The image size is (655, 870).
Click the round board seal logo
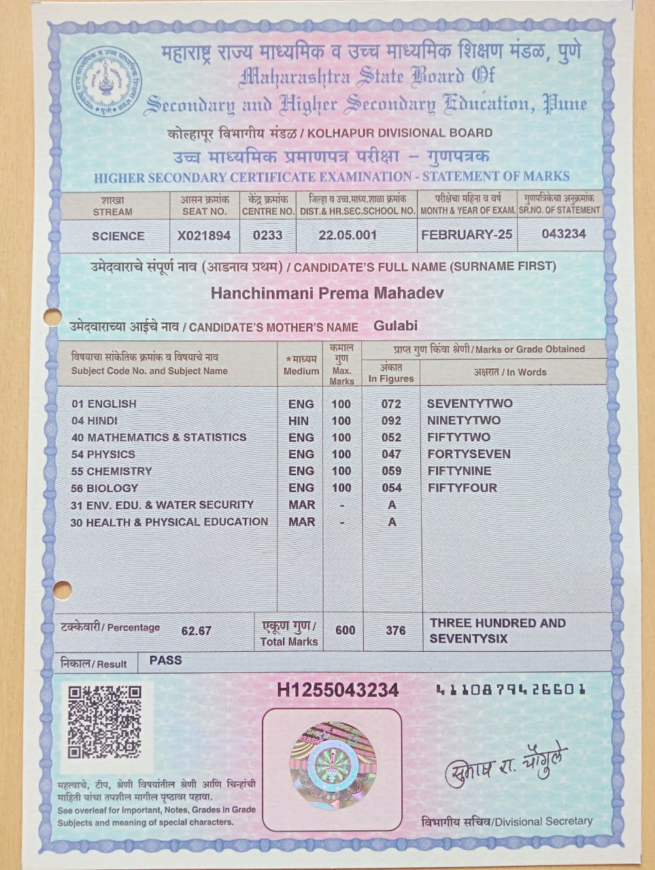107,81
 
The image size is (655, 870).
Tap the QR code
104,722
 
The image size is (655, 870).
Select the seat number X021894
204,236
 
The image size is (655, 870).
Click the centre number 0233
267,235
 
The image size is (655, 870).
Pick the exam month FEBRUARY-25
467,234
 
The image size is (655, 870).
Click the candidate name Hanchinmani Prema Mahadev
327,293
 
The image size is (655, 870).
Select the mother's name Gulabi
395,326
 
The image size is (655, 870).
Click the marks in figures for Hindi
391,421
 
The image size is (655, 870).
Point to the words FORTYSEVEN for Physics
469,454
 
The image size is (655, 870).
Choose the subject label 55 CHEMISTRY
112,471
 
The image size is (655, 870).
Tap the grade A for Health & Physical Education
392,522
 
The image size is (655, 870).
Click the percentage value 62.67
196,631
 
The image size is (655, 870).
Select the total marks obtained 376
395,630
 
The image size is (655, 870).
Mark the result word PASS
165,660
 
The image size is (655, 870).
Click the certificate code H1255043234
337,690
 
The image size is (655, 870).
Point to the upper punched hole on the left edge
52,317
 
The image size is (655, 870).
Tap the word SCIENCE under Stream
118,236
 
